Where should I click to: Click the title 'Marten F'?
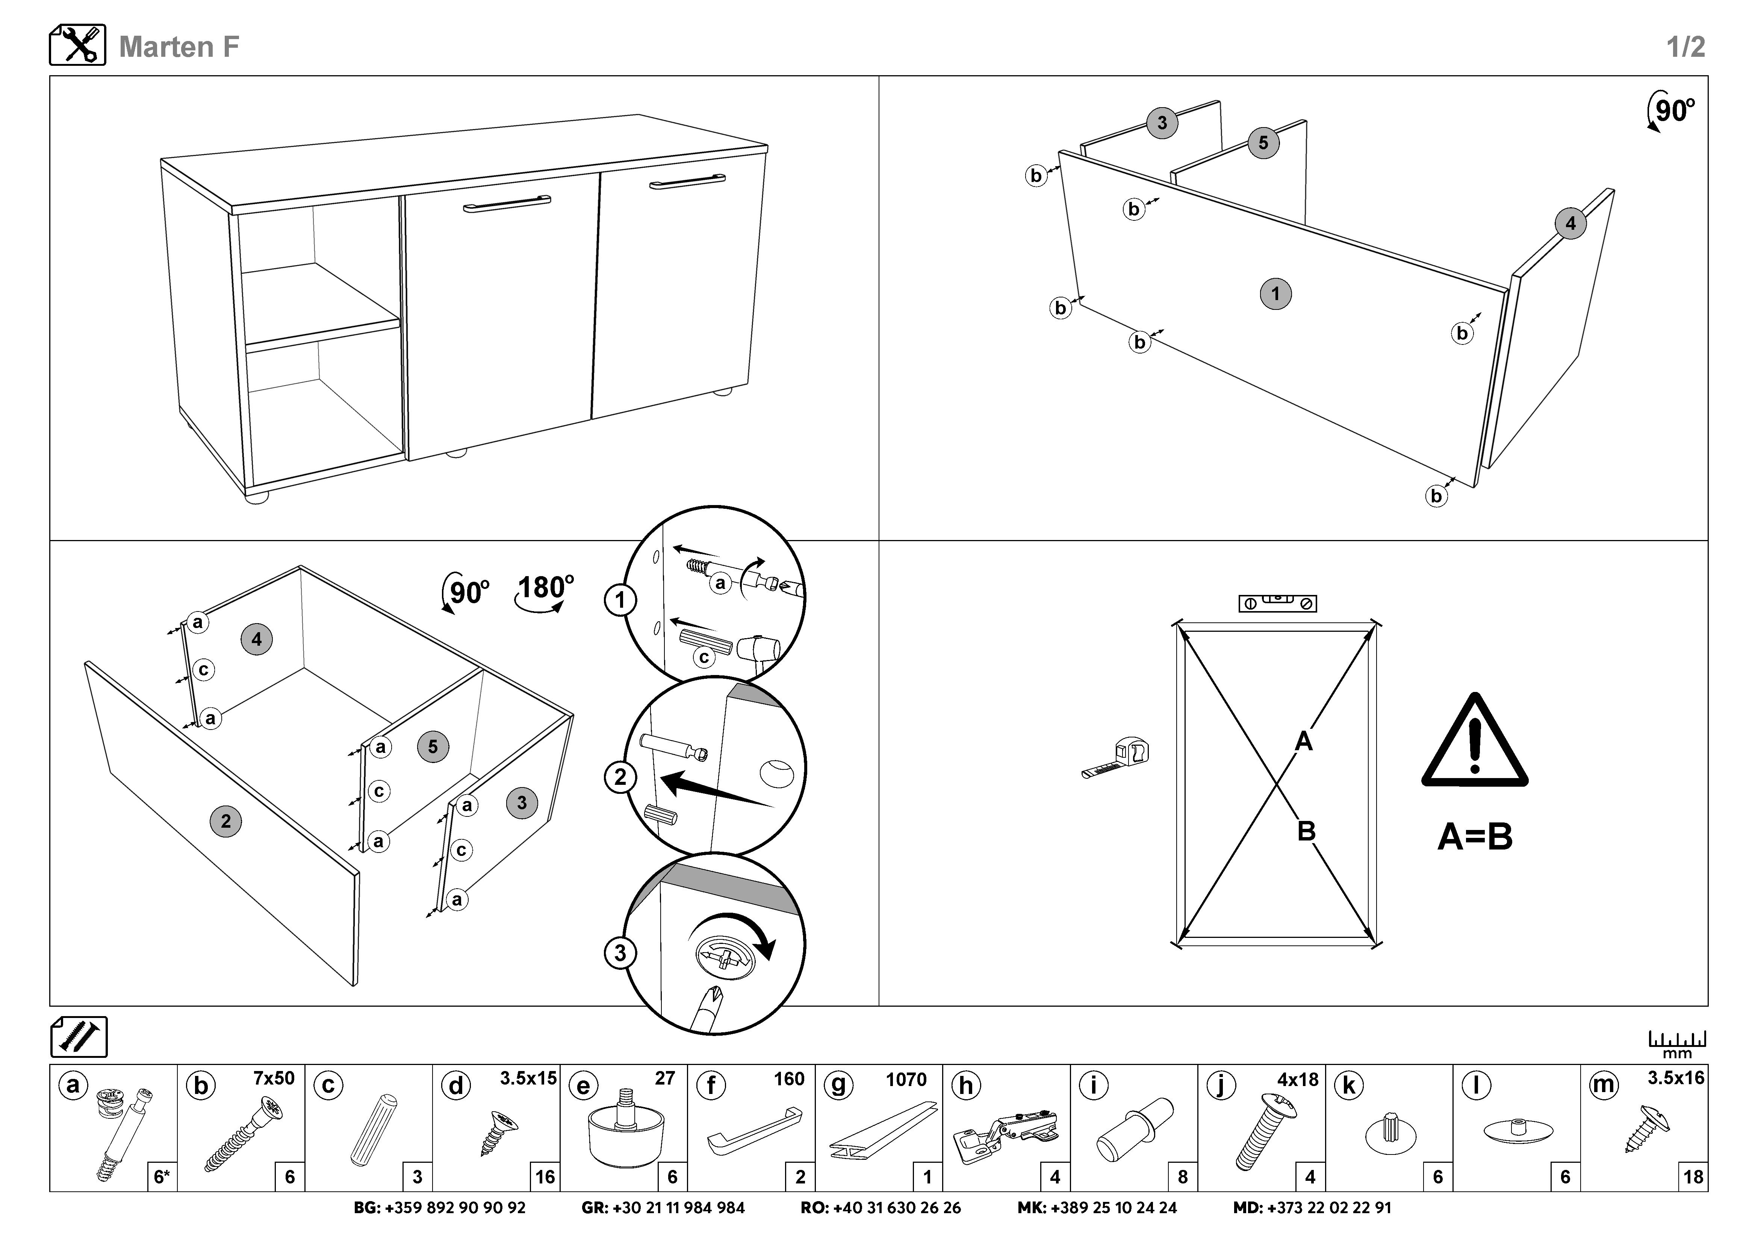[x=179, y=47]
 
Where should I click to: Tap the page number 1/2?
[x=1685, y=47]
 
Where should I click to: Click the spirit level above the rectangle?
[x=1276, y=603]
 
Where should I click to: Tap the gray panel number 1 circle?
[x=1275, y=293]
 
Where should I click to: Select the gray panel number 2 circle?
[x=225, y=821]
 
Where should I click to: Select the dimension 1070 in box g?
[x=906, y=1079]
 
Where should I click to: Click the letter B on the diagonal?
[x=1306, y=830]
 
